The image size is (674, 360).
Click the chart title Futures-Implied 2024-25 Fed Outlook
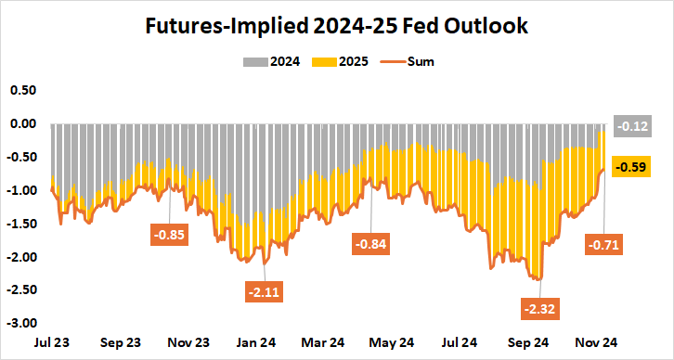click(336, 26)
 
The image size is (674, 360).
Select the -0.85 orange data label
click(173, 235)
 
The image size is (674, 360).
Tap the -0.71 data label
click(603, 245)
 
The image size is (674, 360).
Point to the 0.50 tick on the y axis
click(22, 90)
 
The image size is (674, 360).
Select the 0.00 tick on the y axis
click(22, 123)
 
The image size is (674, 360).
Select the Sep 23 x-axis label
click(121, 342)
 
